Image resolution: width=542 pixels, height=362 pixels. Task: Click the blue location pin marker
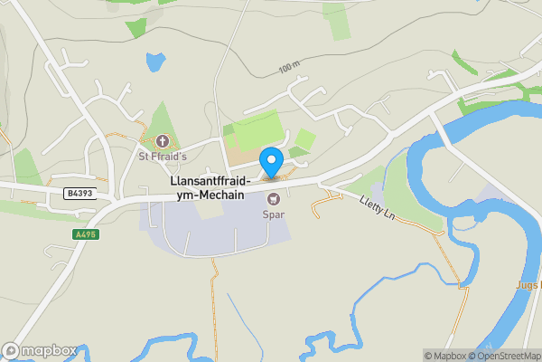tap(271, 163)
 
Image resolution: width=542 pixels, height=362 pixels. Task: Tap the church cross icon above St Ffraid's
tap(163, 141)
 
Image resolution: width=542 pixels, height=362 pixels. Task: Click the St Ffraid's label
tap(162, 156)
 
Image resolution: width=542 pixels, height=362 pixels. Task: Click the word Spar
tap(273, 214)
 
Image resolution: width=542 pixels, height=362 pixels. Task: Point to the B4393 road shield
tap(79, 194)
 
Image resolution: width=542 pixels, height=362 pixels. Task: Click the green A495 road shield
tap(85, 234)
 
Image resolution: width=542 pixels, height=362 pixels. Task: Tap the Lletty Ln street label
tap(378, 210)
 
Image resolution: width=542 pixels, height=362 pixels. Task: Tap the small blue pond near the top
tap(155, 62)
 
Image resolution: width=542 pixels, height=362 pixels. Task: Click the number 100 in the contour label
tap(286, 69)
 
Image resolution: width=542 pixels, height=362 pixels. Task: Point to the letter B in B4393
tap(69, 194)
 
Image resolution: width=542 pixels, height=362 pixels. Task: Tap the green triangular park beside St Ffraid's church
tap(161, 121)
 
